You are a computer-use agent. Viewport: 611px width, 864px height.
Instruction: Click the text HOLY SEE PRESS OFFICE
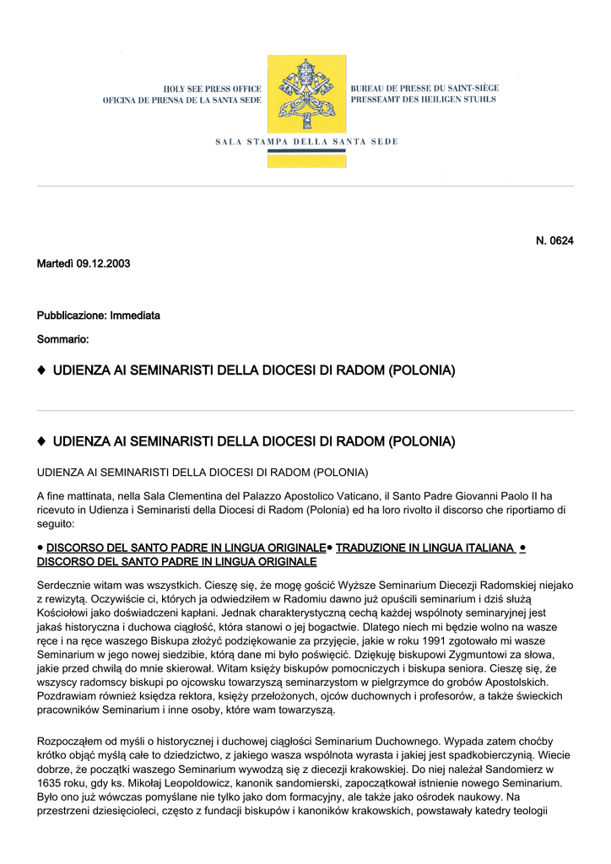click(212, 89)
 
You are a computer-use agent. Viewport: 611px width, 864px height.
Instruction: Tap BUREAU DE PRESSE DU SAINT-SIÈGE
click(424, 89)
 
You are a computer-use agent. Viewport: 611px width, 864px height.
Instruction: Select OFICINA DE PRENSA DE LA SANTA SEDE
click(182, 100)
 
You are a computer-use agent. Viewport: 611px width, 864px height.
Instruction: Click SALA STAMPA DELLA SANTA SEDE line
click(305, 141)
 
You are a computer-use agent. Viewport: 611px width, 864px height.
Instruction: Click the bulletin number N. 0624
click(554, 241)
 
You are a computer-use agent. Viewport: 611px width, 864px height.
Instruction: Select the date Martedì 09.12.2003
click(84, 264)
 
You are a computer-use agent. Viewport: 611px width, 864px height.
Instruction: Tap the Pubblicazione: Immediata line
click(98, 316)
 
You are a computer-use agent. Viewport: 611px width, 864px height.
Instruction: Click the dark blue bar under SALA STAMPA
click(305, 151)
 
